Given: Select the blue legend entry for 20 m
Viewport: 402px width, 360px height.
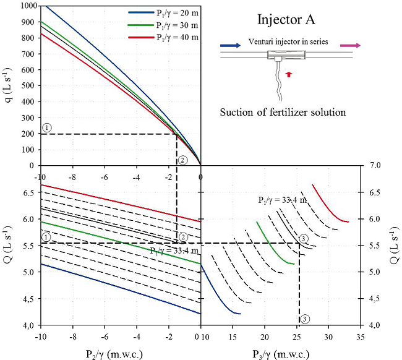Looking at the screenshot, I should pos(163,12).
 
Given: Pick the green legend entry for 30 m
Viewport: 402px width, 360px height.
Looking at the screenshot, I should pos(163,25).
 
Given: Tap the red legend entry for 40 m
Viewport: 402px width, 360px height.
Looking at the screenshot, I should pos(163,37).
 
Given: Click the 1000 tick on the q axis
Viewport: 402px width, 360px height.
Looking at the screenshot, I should pos(28,6).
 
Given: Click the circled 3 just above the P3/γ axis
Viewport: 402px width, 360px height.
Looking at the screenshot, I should pos(305,319).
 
